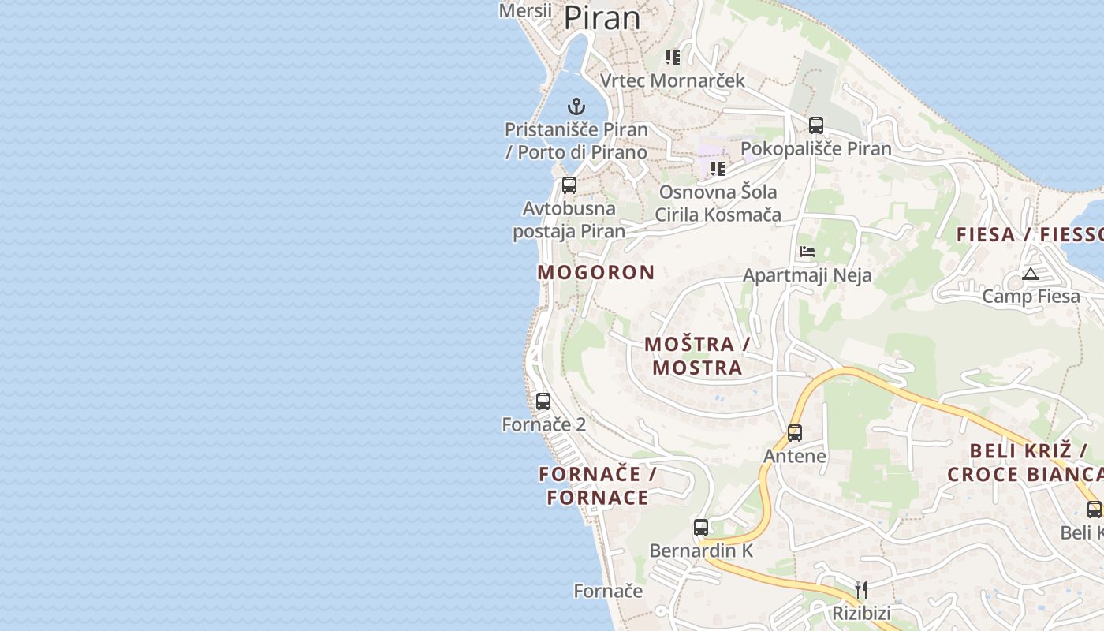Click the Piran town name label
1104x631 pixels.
602,17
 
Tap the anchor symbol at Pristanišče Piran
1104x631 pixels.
576,106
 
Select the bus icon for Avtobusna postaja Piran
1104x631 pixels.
569,185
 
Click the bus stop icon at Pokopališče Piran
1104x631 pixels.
816,125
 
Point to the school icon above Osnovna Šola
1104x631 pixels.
717,168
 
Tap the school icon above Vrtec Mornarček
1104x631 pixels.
672,57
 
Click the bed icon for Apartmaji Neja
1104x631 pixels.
807,252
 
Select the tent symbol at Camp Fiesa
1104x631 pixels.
1030,274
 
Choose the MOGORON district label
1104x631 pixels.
596,273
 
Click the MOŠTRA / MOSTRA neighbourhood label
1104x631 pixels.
697,356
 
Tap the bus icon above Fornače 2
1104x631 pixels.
543,401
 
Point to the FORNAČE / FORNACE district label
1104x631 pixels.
599,486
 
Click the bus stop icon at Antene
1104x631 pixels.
795,432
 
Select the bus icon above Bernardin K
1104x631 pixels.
701,527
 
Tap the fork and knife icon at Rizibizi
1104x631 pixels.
861,589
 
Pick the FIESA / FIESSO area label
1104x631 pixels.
1029,234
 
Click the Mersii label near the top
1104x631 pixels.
525,10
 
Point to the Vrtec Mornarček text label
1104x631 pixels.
672,80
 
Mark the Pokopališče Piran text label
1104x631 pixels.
815,148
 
